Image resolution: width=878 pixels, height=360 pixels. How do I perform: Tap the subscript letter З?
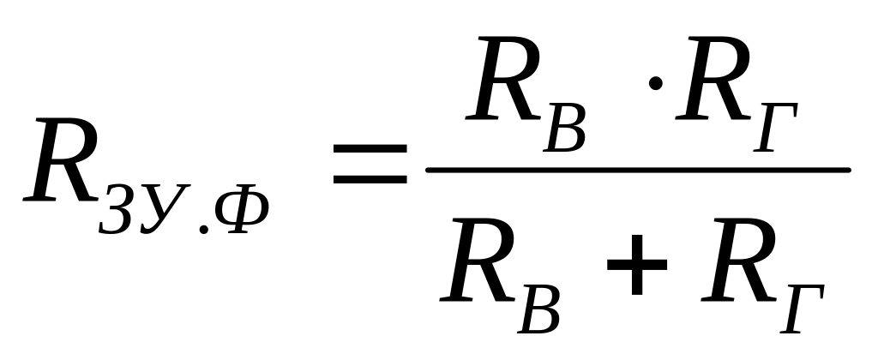pos(117,212)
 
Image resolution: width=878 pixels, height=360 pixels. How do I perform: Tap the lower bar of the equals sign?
pos(370,180)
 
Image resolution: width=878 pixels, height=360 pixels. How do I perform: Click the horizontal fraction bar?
pos(638,169)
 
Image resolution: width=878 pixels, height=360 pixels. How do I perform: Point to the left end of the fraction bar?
pos(429,169)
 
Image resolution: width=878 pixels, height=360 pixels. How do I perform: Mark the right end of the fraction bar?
pos(847,169)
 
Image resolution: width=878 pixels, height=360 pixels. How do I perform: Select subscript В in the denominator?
pos(539,308)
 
